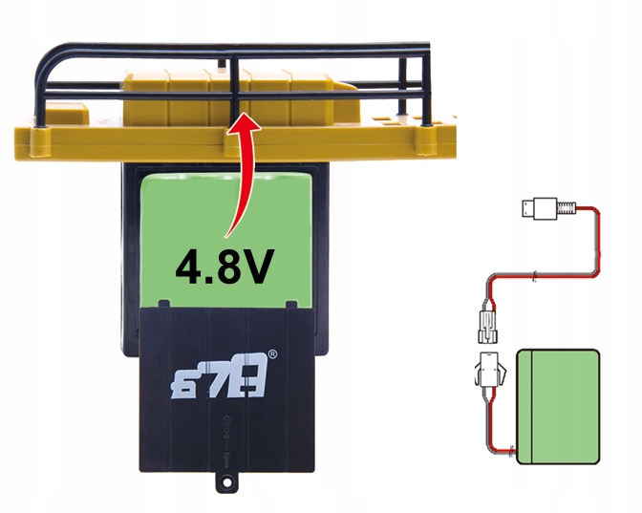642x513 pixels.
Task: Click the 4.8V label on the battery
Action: (x=225, y=267)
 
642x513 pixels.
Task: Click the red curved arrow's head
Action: (x=245, y=122)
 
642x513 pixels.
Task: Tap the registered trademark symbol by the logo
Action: (x=272, y=354)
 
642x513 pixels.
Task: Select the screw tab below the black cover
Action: (x=226, y=481)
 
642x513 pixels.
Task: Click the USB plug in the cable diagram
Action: (x=540, y=209)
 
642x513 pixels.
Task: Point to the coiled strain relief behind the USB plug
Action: (x=567, y=208)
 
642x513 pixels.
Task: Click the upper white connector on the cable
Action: (x=487, y=327)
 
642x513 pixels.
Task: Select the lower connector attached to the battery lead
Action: (x=490, y=370)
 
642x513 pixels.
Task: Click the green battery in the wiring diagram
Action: (x=558, y=407)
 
